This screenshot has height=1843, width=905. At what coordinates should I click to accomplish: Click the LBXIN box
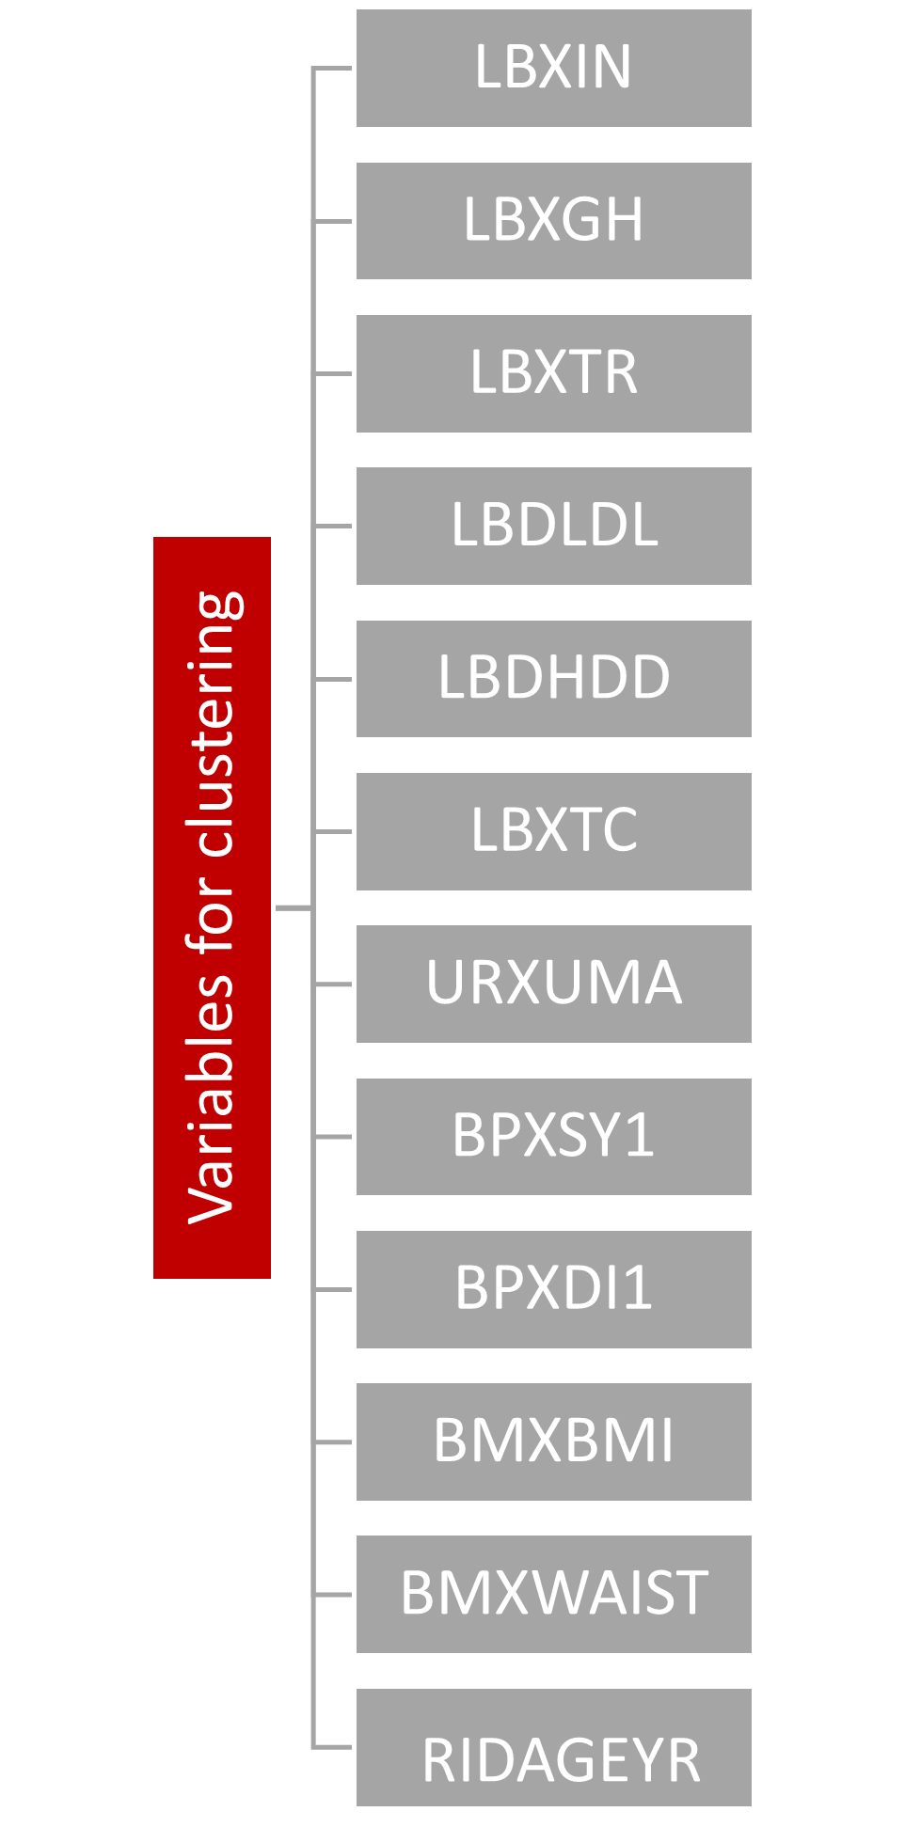click(x=553, y=68)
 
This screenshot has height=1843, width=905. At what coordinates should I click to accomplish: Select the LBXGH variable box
click(x=553, y=221)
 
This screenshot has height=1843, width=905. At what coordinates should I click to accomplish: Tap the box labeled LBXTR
click(x=553, y=373)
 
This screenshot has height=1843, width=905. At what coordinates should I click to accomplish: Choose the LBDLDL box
click(x=553, y=526)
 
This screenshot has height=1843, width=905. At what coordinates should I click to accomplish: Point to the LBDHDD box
click(x=553, y=678)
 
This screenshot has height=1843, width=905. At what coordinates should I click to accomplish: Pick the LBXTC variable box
click(x=553, y=831)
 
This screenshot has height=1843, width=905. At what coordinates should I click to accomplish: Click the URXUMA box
click(x=553, y=984)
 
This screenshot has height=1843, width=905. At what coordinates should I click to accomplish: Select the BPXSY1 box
click(x=553, y=1136)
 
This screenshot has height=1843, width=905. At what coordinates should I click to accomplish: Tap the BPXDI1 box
click(x=553, y=1288)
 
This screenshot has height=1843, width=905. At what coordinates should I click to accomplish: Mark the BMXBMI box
click(x=553, y=1441)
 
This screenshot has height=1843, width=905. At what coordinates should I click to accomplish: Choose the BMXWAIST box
click(x=553, y=1594)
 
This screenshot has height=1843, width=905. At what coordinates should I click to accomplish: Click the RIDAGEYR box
click(x=553, y=1747)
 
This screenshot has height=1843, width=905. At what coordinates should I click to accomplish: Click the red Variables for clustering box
click(x=213, y=907)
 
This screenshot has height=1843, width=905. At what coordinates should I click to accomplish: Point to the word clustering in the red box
click(x=214, y=724)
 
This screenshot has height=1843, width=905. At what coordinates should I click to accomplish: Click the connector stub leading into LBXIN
click(x=333, y=68)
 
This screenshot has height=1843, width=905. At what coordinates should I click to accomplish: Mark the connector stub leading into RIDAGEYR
click(x=333, y=1747)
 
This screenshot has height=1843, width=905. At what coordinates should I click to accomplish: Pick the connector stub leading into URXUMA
click(x=333, y=984)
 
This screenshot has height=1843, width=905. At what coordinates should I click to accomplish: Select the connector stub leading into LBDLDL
click(x=333, y=526)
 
